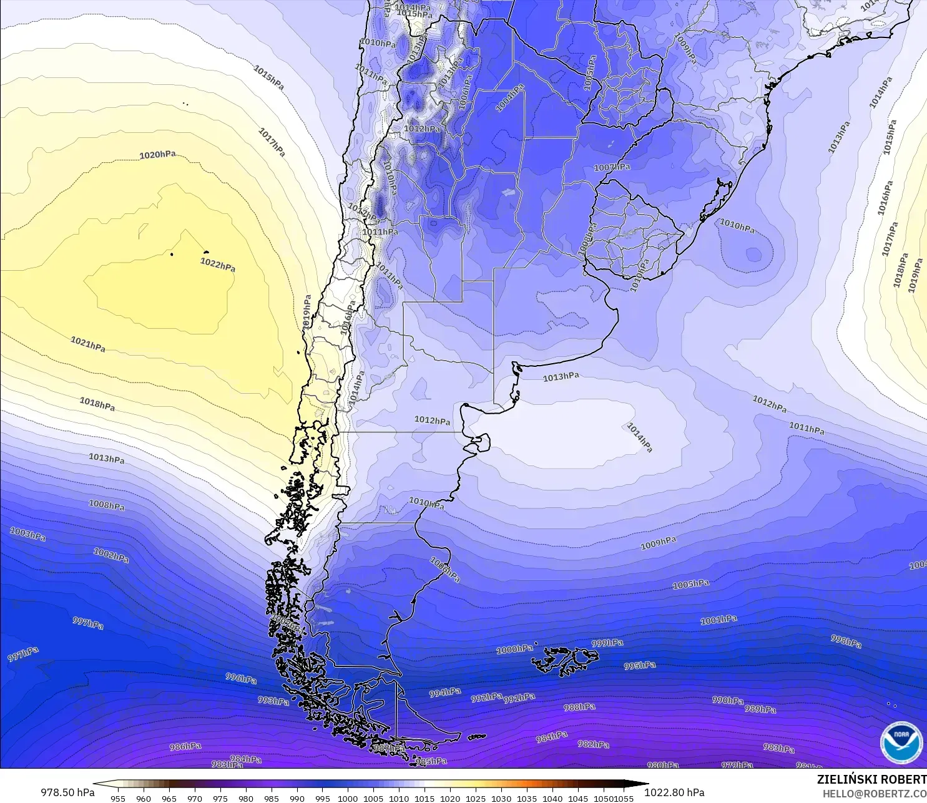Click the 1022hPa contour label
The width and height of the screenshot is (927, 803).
[218, 265]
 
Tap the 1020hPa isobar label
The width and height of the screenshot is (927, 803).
[157, 155]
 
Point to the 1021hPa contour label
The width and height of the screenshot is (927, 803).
[88, 344]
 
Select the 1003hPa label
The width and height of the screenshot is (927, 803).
[28, 534]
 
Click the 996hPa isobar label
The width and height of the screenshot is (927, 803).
[241, 678]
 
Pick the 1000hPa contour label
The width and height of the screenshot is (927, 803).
[515, 650]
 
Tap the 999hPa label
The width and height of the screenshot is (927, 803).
[607, 643]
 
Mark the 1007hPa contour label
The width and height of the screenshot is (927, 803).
[612, 167]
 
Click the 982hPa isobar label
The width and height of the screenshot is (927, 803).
[594, 744]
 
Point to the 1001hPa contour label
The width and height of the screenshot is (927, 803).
[719, 620]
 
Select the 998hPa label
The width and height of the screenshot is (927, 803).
[846, 641]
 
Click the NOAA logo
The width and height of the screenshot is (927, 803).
[901, 742]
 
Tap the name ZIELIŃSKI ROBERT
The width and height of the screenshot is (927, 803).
[871, 779]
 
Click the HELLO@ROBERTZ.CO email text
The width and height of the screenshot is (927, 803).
[874, 794]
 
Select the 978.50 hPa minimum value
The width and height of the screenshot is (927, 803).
[68, 792]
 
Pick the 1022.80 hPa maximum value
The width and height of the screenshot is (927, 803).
[674, 792]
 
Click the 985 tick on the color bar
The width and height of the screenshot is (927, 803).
[271, 798]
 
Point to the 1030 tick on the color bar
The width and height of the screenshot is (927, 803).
[501, 798]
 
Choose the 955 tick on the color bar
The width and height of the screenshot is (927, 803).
[118, 798]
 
